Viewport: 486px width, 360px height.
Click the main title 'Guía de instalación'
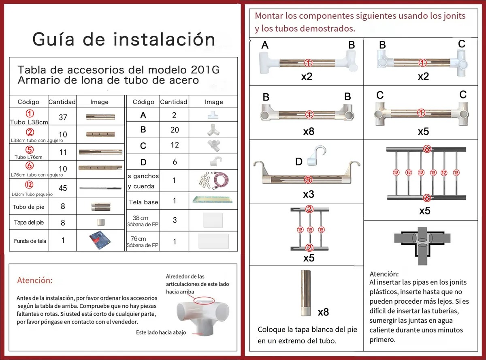point(124,39)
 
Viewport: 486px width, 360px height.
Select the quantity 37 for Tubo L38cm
point(62,118)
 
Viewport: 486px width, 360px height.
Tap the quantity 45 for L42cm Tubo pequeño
point(62,188)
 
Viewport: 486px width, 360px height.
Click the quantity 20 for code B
point(174,130)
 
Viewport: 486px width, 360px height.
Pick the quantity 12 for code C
point(174,145)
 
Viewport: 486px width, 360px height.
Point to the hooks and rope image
point(213,179)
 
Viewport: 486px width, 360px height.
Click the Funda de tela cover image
point(100,241)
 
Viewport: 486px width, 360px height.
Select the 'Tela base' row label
point(143,202)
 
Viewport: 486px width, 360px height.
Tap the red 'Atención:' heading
point(35,281)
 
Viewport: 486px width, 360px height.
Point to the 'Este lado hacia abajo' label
point(161,332)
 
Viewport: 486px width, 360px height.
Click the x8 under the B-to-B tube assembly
point(309,132)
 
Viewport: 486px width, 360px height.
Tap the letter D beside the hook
point(299,162)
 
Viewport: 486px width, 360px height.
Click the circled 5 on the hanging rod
point(309,179)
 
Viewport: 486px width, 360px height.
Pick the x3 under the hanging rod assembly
point(309,194)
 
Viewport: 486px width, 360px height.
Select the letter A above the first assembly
point(265,45)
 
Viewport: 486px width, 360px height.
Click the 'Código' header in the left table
point(28,102)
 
